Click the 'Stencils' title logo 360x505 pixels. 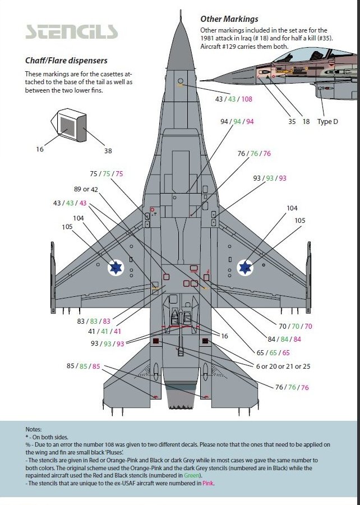(72, 31)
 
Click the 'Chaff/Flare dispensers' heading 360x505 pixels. (66, 61)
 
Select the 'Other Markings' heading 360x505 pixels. (229, 19)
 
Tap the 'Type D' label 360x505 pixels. (328, 122)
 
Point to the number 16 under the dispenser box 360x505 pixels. (40, 149)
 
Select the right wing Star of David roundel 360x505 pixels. (245, 268)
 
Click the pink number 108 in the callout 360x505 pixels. (246, 99)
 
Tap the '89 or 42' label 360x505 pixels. (86, 189)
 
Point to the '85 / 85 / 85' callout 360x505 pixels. (83, 366)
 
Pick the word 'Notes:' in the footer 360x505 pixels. (34, 429)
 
